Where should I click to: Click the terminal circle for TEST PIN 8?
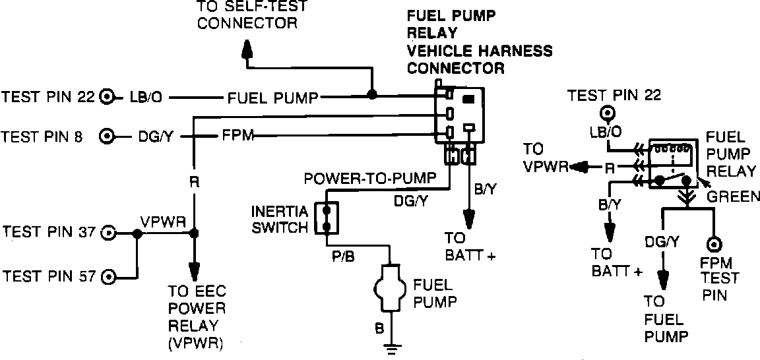[107, 137]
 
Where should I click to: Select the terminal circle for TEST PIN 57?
[110, 277]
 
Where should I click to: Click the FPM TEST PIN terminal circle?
[714, 244]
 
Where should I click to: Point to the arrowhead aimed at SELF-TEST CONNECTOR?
[247, 49]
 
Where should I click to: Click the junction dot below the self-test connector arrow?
[372, 94]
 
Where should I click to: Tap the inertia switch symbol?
[326, 218]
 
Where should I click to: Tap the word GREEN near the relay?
[733, 196]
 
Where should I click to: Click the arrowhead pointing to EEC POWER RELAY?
[195, 272]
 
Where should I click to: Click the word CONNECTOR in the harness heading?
[456, 69]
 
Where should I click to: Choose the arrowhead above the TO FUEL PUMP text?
[662, 280]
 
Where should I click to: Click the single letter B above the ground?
[379, 328]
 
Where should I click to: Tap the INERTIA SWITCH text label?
[280, 220]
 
